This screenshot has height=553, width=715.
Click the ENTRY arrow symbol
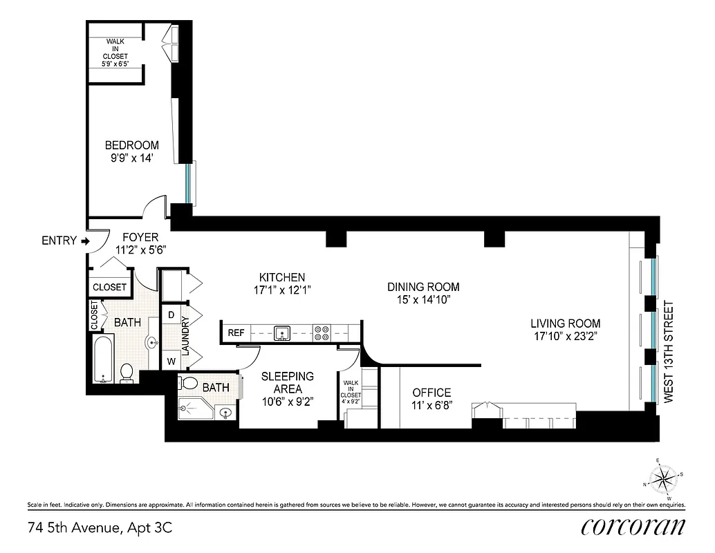click(x=85, y=241)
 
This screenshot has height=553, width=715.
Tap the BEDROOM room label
click(x=131, y=145)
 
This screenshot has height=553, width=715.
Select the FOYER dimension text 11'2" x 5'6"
click(x=140, y=250)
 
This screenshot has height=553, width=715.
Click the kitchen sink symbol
click(x=282, y=333)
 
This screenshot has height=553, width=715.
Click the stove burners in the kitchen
click(x=322, y=333)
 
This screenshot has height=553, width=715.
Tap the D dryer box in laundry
click(x=171, y=315)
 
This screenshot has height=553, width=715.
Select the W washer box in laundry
click(x=171, y=359)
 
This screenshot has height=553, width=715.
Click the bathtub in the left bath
click(x=104, y=359)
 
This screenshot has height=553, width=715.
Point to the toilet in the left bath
click(x=127, y=373)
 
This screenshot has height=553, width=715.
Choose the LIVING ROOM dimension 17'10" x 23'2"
click(x=565, y=337)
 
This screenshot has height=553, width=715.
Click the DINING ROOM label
click(x=423, y=287)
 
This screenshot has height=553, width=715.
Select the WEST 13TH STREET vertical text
click(x=668, y=353)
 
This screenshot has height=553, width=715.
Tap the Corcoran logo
click(x=633, y=526)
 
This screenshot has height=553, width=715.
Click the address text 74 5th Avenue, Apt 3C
click(x=100, y=529)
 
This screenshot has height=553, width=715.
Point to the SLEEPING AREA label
click(x=288, y=382)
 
